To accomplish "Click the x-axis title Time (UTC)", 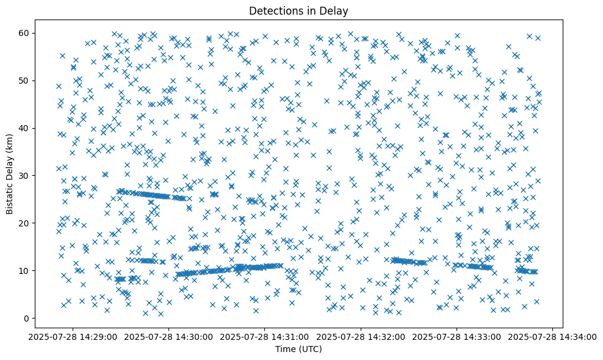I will tap(299, 349).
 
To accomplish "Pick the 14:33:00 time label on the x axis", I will tap(457, 337).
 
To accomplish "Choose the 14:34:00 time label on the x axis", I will tap(553, 337).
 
